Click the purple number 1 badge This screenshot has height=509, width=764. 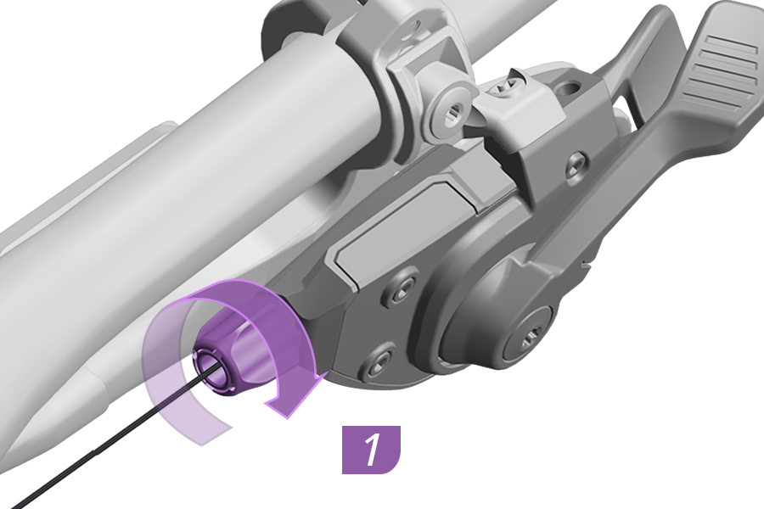coord(371,450)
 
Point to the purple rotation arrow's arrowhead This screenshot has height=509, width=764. coord(295,394)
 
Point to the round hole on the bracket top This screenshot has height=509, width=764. coord(569,89)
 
